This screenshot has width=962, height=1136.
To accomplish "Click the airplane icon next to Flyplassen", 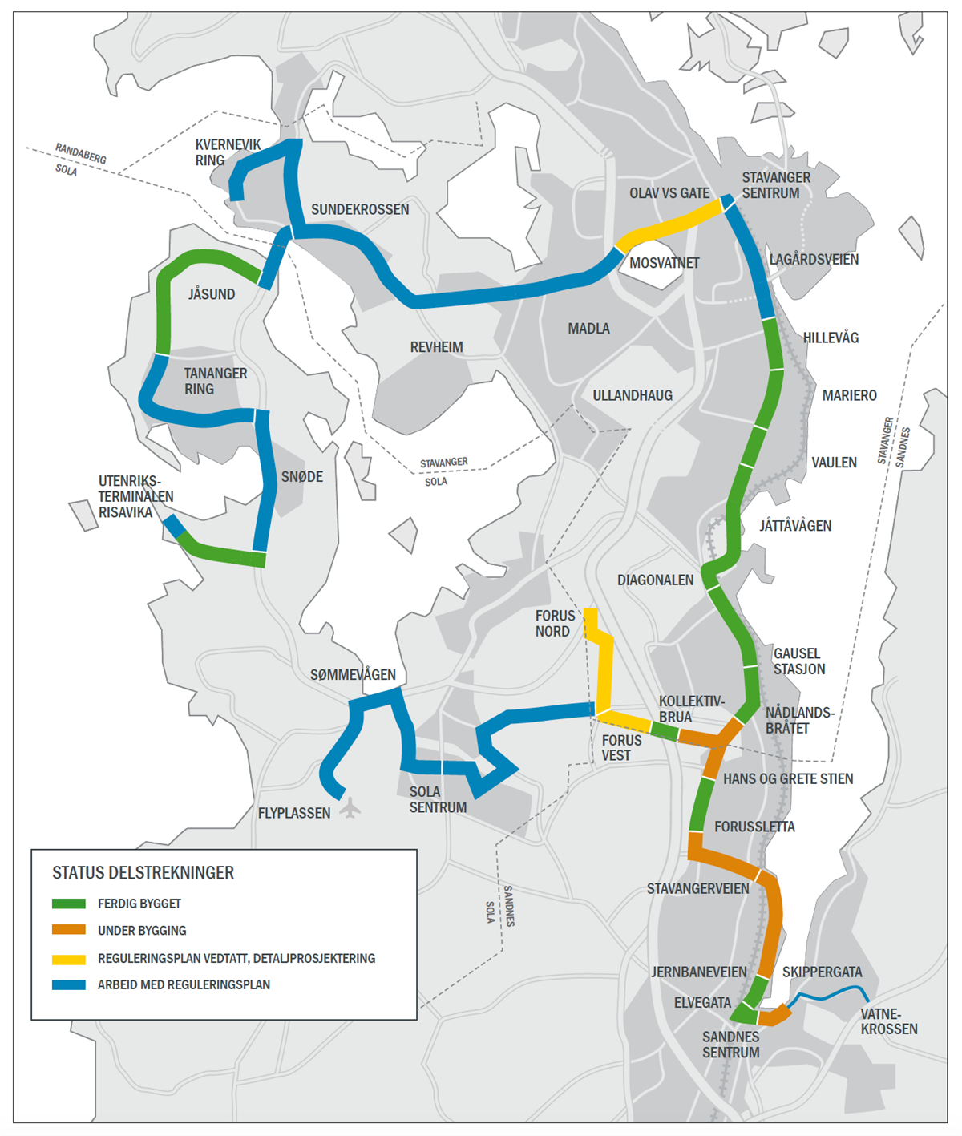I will click(350, 807).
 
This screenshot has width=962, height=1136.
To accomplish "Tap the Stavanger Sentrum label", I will click(775, 185).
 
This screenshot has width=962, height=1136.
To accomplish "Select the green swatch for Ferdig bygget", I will click(69, 904).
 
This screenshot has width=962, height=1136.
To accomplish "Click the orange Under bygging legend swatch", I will click(69, 930).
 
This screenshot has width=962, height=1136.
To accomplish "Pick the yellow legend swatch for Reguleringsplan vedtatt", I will click(69, 958).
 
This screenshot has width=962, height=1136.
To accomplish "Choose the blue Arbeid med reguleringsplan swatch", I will click(69, 984).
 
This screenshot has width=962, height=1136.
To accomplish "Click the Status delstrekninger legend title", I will click(143, 872).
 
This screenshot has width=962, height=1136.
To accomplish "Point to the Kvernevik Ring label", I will click(228, 152).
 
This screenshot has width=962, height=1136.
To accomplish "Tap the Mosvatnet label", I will click(664, 263).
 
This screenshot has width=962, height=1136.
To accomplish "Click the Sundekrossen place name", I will click(360, 209).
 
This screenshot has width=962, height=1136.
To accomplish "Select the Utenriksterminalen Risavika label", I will click(135, 496).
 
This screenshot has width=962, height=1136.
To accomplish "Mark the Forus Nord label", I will click(555, 623).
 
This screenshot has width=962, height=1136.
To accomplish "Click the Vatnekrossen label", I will click(888, 1021).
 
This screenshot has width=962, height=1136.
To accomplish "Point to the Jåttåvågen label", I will click(795, 526).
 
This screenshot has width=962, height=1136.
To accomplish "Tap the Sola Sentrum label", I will click(438, 799).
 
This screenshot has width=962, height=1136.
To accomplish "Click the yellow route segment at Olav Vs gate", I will click(669, 226).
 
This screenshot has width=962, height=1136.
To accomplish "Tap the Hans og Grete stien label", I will click(788, 778).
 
